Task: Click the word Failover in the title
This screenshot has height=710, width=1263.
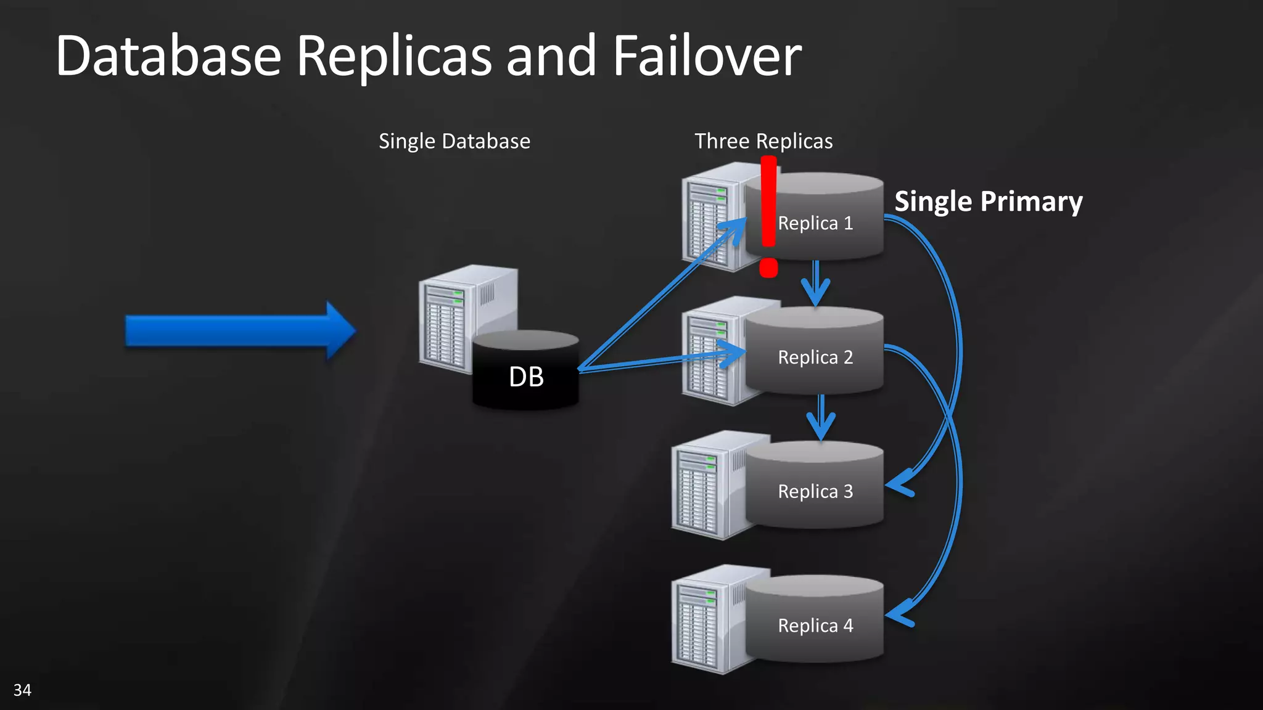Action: (706, 56)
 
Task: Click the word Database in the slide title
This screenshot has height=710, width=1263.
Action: (168, 56)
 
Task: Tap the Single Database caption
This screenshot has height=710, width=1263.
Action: (454, 141)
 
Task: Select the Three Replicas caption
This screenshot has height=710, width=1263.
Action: (763, 141)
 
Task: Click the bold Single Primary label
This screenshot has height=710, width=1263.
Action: (988, 202)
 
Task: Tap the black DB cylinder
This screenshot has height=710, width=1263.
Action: (525, 377)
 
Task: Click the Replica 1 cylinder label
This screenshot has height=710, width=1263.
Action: (815, 223)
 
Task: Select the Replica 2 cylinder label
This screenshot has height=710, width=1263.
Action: (815, 357)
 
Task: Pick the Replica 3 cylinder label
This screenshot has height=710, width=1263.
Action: (815, 491)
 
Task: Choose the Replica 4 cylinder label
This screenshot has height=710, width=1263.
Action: (815, 626)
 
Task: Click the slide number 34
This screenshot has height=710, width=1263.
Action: (22, 690)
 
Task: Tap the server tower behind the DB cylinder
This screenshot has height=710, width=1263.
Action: (450, 317)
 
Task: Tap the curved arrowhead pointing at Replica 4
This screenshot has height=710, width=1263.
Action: (899, 614)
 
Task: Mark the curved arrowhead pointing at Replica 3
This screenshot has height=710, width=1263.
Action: (899, 484)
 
